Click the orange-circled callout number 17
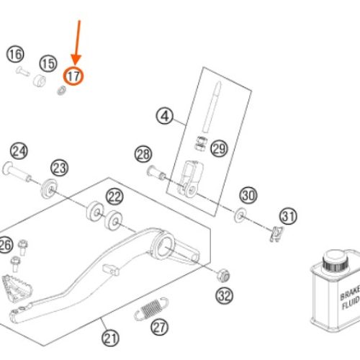pos(73,76)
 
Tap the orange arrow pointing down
pos(77,42)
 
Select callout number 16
pos(15,55)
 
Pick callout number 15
pos(48,63)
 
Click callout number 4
pos(165,116)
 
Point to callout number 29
pos(219,149)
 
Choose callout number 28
pos(143,154)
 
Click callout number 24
pos(19,151)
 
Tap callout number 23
pos(60,168)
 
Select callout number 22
pos(114,197)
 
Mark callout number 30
pos(248,195)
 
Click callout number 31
pos(288,216)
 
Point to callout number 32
pos(224,296)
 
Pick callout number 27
pos(160,327)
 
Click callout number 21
pos(110,338)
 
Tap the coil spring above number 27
pos(151,309)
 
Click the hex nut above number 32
pos(223,275)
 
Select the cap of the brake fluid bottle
pos(335,261)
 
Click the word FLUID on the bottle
pos(351,303)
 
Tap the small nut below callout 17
pos(62,90)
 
